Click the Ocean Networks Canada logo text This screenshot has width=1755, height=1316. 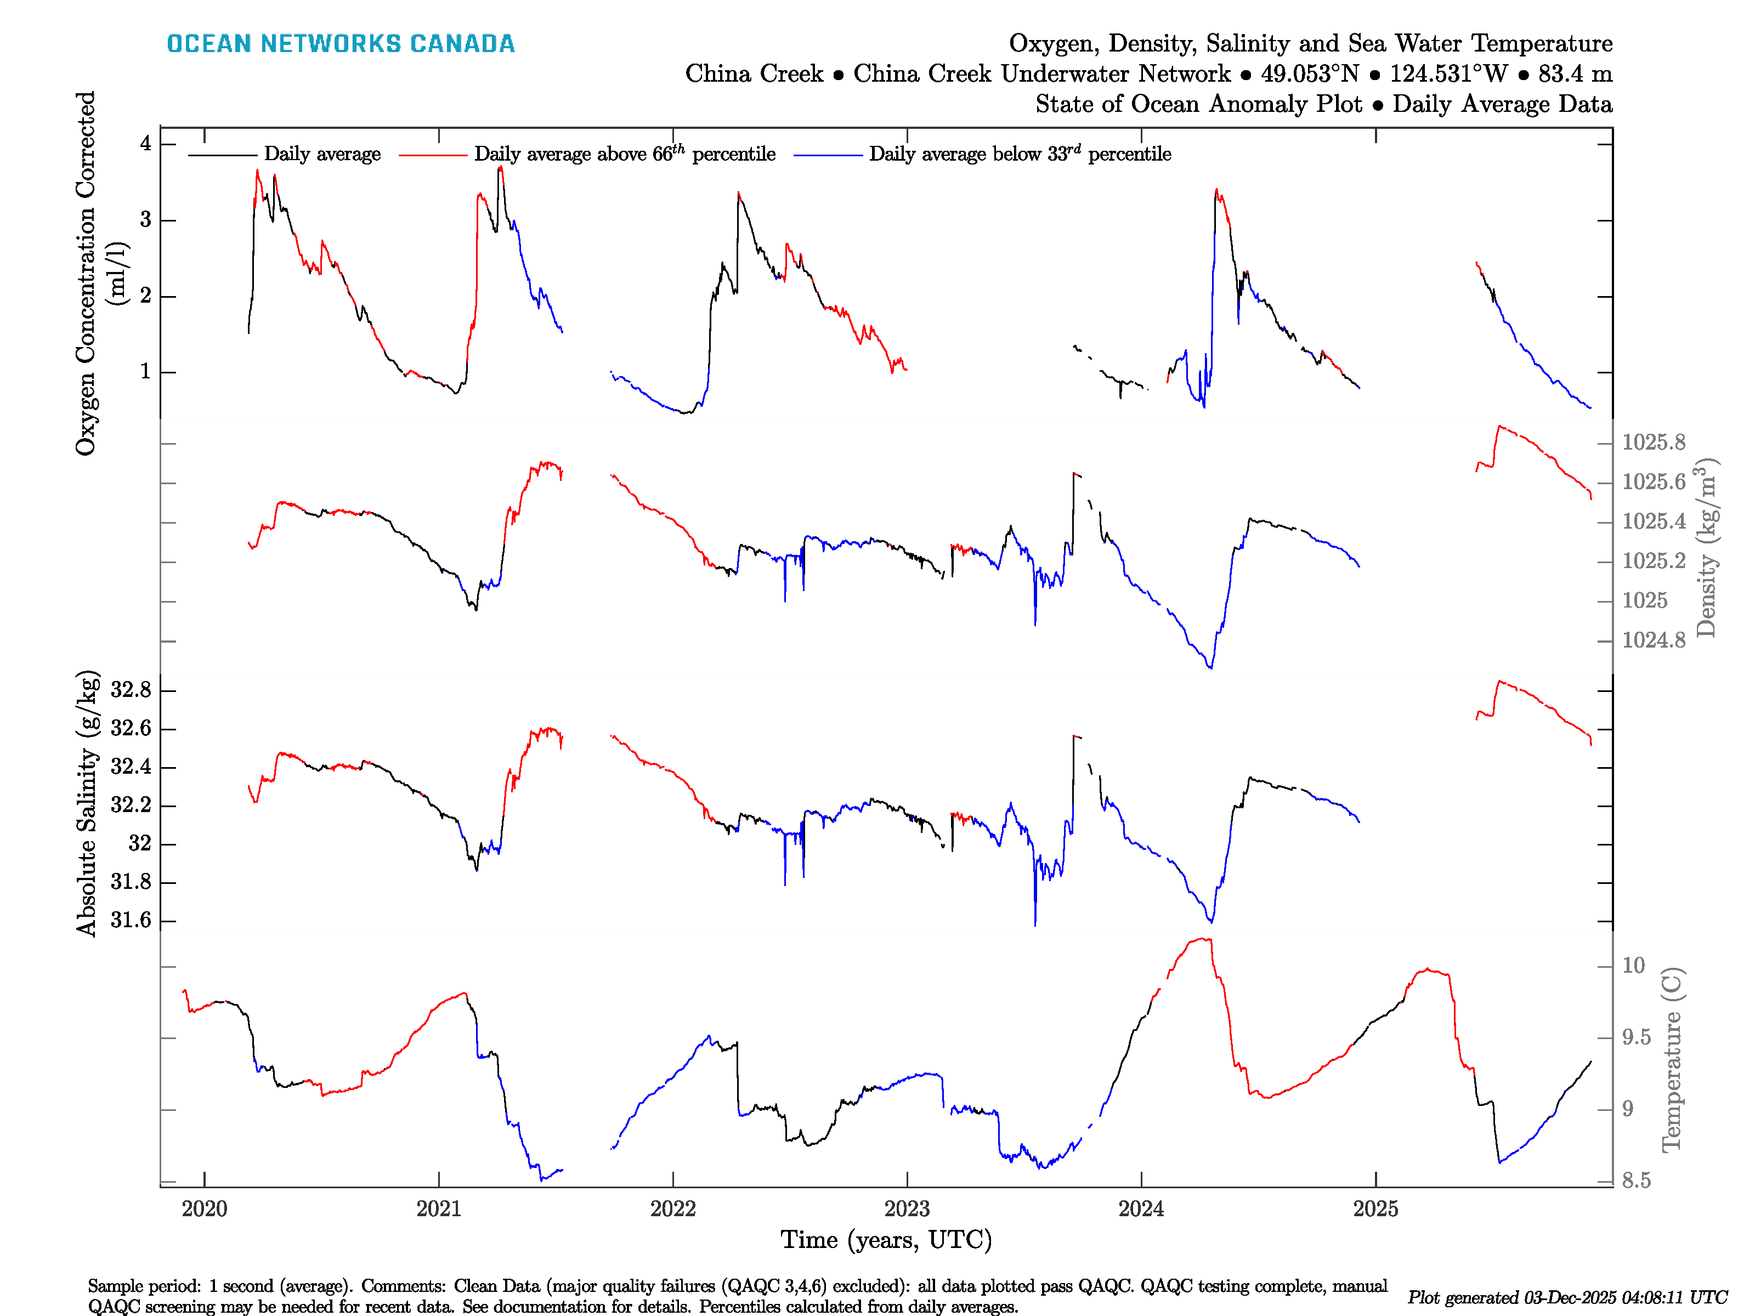(x=341, y=44)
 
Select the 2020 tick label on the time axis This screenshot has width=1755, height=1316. (x=204, y=1209)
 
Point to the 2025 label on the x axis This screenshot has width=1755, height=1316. (x=1375, y=1209)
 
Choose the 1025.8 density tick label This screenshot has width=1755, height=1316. (x=1654, y=443)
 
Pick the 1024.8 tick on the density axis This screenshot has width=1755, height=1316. (x=1654, y=640)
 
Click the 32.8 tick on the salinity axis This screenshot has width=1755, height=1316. (x=131, y=690)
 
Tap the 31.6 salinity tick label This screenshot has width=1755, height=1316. (x=131, y=920)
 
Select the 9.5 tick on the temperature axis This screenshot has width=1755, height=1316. (x=1636, y=1037)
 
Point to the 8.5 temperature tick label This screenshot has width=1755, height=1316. (x=1636, y=1181)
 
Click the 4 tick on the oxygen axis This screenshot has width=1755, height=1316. (x=145, y=144)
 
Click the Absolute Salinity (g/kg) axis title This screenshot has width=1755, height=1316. (x=87, y=803)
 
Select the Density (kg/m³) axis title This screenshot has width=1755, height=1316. (x=1706, y=547)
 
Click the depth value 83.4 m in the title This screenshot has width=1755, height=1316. (x=1575, y=74)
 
